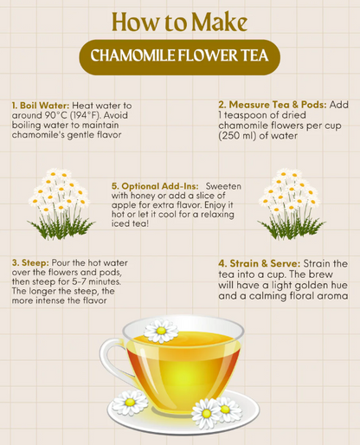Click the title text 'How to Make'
[x=179, y=21]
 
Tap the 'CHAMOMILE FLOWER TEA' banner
[x=180, y=57]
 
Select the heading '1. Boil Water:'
[x=38, y=104]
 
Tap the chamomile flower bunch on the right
[x=292, y=203]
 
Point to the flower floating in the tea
[x=161, y=331]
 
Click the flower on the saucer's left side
[x=131, y=403]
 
